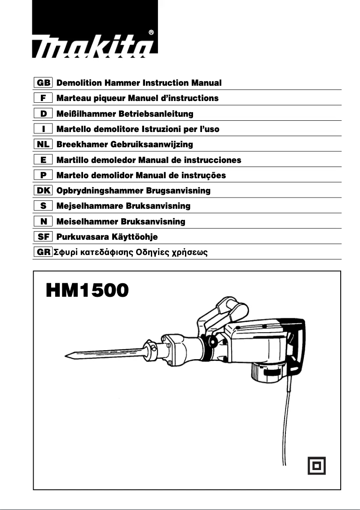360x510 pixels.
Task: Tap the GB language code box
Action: [x=44, y=83]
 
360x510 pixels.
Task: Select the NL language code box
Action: [x=44, y=145]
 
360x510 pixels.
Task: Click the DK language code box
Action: [x=44, y=191]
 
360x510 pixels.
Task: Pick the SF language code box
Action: [x=44, y=237]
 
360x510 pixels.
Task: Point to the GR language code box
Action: [x=44, y=252]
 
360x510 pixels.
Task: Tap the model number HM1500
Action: [x=87, y=290]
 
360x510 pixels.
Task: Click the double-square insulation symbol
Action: [x=316, y=465]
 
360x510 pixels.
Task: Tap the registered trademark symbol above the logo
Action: [x=151, y=32]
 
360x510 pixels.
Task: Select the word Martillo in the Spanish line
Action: [x=72, y=160]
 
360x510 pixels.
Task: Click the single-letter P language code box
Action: [x=44, y=175]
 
